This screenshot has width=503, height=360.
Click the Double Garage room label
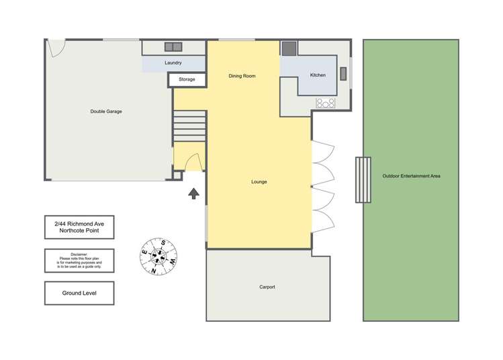[106, 111]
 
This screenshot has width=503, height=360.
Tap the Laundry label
[173, 63]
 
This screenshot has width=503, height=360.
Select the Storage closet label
[187, 79]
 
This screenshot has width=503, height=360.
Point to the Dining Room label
[242, 76]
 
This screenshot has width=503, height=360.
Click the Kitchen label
[318, 75]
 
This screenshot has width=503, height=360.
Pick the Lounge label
[259, 182]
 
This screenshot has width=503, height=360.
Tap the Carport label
[267, 287]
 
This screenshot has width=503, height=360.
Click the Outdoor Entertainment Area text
[411, 176]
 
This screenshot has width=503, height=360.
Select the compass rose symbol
[159, 257]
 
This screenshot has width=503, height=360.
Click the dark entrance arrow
[193, 194]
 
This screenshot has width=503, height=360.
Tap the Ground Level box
[79, 293]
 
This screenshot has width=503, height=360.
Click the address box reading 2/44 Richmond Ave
[79, 228]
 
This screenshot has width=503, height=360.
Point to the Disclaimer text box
[79, 260]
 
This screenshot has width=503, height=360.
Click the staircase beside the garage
[189, 126]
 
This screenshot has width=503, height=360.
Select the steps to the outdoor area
[363, 179]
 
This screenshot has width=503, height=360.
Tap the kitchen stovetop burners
[326, 103]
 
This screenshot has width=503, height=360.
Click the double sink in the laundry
[174, 47]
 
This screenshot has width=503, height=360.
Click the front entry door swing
[193, 162]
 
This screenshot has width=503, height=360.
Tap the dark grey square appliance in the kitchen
[289, 48]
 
